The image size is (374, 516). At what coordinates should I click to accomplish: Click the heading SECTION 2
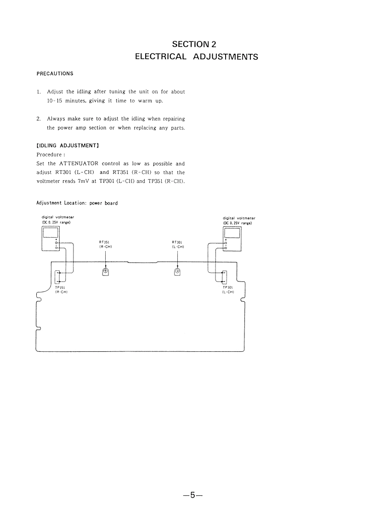(193, 44)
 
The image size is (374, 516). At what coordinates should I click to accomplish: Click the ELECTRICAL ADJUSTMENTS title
(196, 57)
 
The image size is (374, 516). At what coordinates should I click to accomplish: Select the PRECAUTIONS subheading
(55, 74)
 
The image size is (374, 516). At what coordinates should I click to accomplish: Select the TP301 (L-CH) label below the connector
(228, 290)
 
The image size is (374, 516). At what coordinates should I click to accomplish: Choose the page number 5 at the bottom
(193, 495)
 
